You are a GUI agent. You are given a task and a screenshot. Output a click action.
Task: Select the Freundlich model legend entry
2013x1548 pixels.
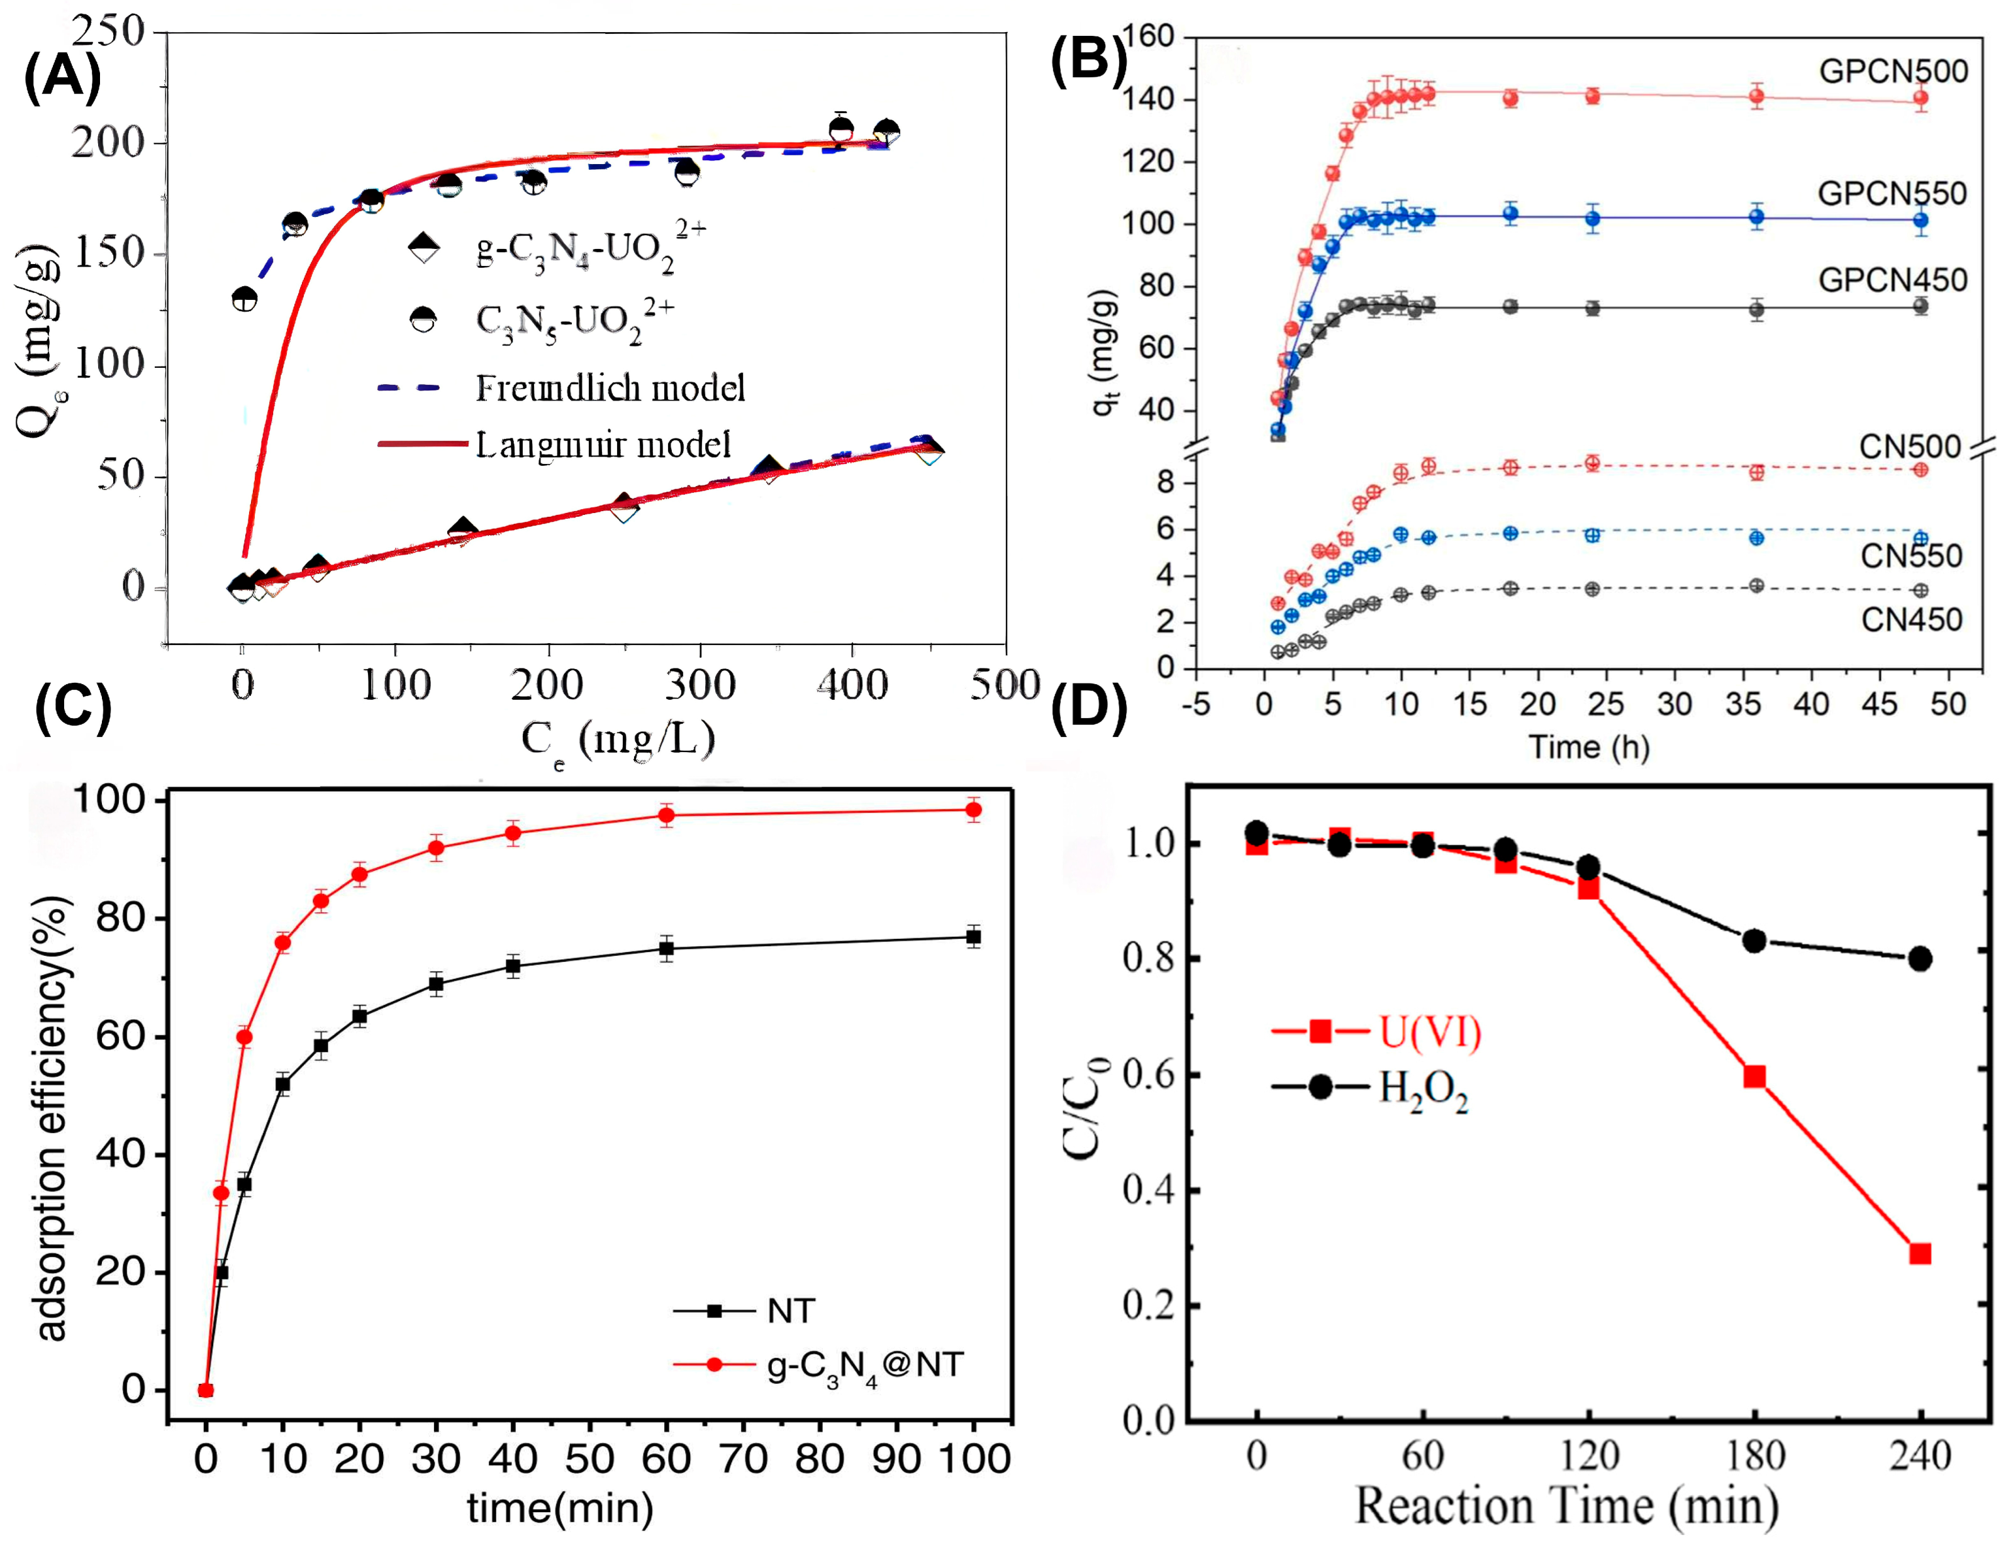(609, 388)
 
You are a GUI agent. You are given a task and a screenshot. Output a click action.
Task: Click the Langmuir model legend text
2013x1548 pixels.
(603, 445)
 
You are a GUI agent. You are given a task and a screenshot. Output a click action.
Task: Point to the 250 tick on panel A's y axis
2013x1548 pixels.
(109, 31)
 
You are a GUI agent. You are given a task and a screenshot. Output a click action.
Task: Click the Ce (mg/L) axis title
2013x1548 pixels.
(618, 740)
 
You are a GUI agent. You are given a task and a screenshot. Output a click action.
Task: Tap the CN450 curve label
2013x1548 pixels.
(1910, 619)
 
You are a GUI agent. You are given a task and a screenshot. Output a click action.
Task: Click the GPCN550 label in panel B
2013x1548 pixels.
(1892, 194)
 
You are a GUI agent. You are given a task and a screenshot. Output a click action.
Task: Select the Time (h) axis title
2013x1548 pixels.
(1588, 746)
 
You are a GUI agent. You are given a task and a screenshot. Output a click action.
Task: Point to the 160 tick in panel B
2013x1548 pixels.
(1147, 37)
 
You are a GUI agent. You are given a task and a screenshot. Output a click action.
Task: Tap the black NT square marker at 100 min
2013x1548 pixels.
(973, 937)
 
